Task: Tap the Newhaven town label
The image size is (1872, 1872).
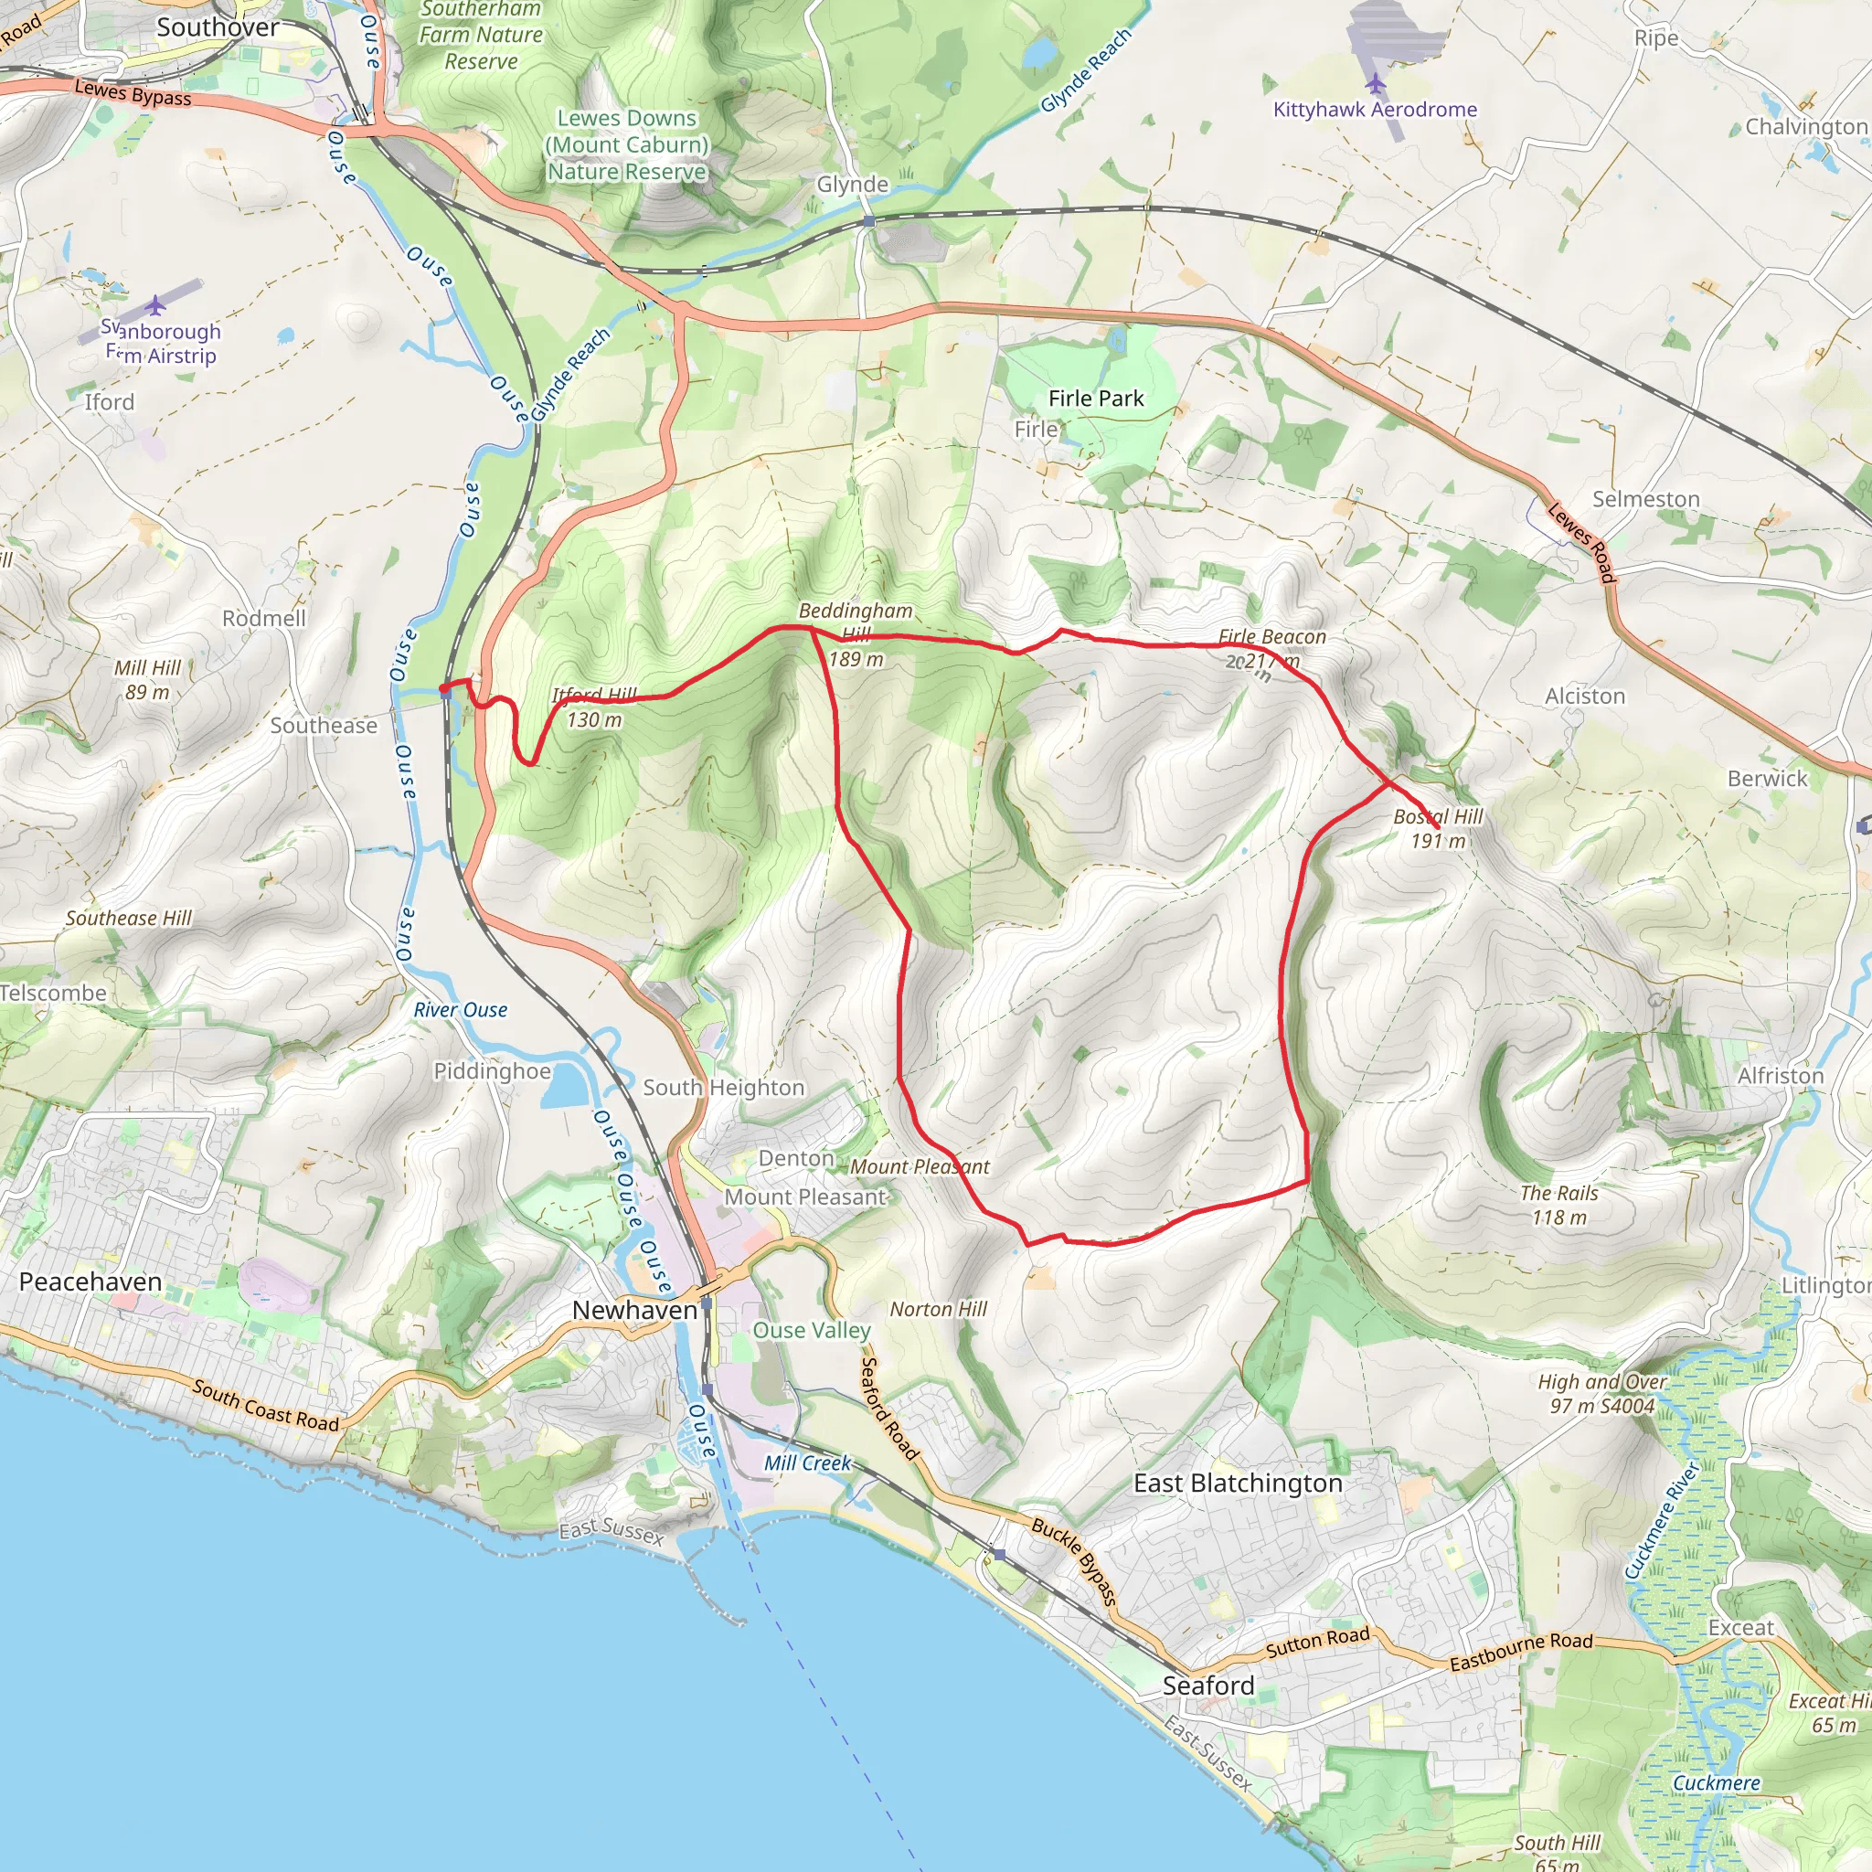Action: point(633,1310)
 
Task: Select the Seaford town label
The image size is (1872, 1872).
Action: point(1207,1686)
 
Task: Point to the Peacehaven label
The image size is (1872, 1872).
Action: point(90,1282)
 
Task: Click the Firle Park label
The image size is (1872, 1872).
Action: point(1095,399)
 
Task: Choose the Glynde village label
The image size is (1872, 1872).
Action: point(852,184)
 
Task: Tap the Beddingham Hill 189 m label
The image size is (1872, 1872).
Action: point(856,634)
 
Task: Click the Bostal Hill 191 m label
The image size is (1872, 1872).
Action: point(1437,828)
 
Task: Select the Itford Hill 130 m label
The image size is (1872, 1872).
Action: point(594,707)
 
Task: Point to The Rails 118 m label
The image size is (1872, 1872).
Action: point(1558,1206)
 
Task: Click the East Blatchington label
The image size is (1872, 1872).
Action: point(1238,1484)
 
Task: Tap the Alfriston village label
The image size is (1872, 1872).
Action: point(1780,1076)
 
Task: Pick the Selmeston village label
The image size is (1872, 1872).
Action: point(1645,499)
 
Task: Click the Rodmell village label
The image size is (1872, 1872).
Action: point(263,618)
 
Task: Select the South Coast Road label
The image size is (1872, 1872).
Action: point(265,1406)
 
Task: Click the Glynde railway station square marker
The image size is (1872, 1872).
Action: point(869,222)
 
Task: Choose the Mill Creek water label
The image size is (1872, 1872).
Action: point(807,1463)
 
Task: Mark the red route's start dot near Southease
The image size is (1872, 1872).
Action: point(443,690)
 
